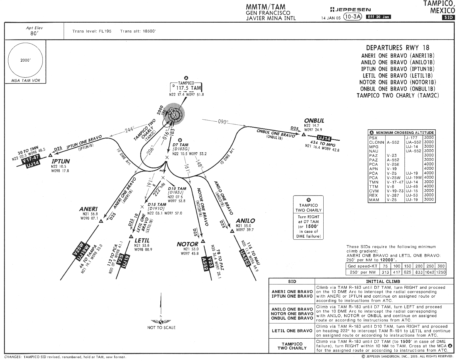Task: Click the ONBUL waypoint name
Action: tap(314, 120)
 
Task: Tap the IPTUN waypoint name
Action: tap(61, 161)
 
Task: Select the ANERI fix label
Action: tap(88, 209)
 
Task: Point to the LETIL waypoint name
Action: tap(142, 241)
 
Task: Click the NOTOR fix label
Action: tap(187, 244)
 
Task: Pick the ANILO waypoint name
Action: tap(245, 221)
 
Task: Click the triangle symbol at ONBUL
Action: tap(304, 134)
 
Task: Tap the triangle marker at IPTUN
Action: tap(50, 155)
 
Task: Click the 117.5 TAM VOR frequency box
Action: tap(187, 88)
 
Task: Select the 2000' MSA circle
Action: tap(26, 61)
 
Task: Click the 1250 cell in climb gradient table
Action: tap(441, 272)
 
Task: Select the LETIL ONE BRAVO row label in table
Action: tap(292, 331)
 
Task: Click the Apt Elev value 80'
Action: tap(34, 33)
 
